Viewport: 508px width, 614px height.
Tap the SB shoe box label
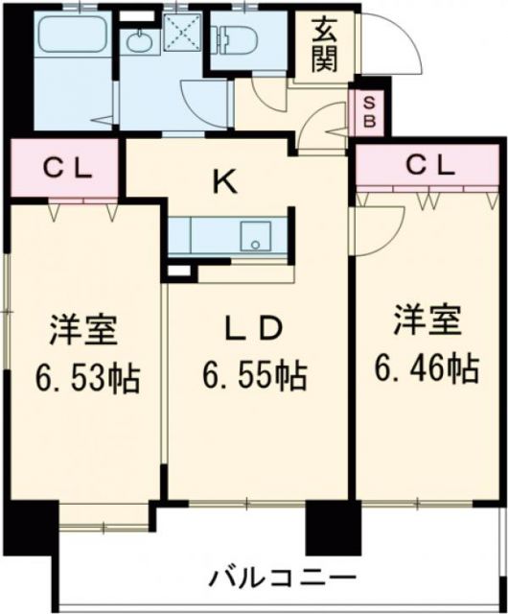(365, 112)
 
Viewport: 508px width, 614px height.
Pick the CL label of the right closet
(427, 165)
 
